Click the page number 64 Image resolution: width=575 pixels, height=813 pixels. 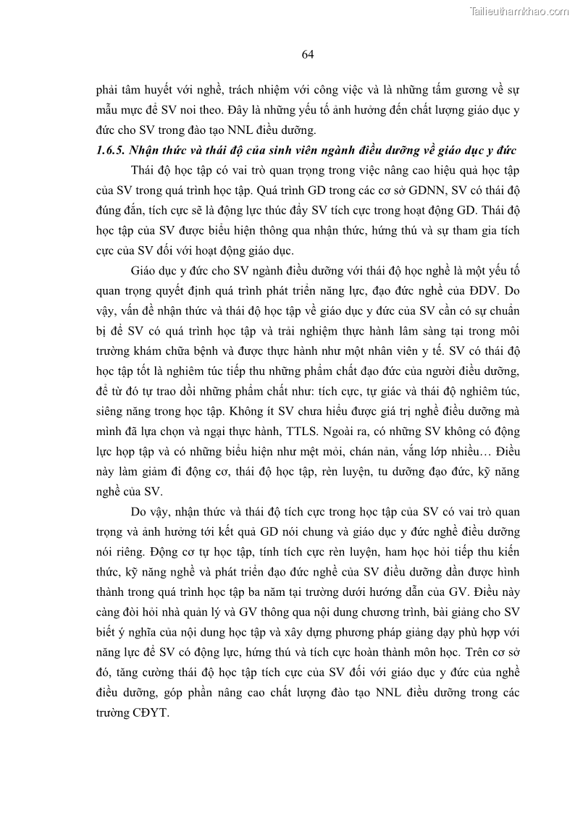tap(306, 54)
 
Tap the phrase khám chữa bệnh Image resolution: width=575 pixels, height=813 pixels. tap(177, 351)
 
